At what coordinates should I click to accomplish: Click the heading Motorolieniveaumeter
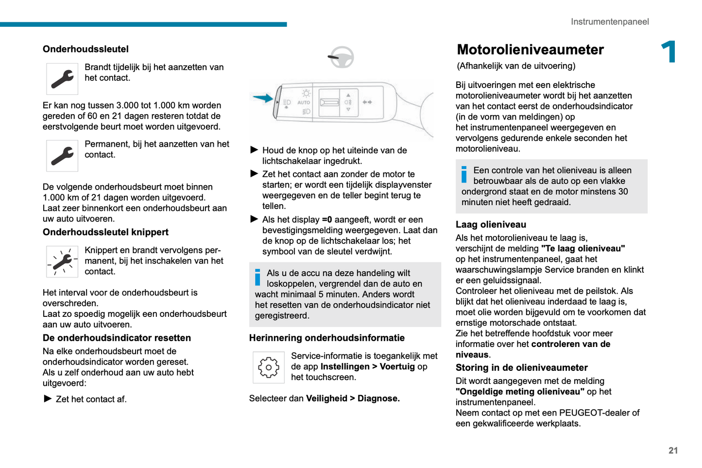pos(530,50)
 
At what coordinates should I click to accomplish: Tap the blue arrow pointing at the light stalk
pos(263,98)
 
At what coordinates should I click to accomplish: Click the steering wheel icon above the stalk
pos(341,57)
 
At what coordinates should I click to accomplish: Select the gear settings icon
pos(268,367)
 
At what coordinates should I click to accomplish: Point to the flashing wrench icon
pos(62,261)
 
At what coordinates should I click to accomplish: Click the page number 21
pos(673,451)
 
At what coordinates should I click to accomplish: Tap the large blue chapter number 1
pos(669,52)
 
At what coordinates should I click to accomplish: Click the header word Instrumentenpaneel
pos(609,22)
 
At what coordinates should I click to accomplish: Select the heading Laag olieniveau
pos(491,225)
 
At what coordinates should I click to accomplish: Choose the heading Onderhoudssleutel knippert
pos(105,232)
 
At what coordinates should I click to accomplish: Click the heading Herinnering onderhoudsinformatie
pos(326,338)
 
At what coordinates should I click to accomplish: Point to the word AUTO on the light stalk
pos(304,103)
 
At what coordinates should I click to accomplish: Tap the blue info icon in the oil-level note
pos(464,174)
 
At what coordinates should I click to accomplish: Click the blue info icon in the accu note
pos(257,277)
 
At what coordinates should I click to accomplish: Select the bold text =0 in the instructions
pos(327,220)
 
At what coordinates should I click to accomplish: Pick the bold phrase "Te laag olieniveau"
pos(583,248)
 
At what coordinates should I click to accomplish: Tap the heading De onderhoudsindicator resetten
pos(117,338)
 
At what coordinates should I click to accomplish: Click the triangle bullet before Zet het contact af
pos(48,399)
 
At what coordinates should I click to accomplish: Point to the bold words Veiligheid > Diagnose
pos(353,399)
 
